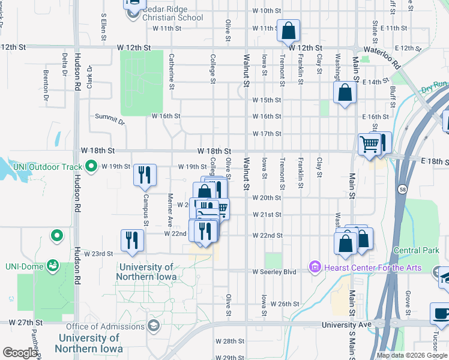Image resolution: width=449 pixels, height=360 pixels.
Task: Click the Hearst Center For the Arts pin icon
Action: tap(314, 266)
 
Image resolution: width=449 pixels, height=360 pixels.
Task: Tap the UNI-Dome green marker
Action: tap(53, 264)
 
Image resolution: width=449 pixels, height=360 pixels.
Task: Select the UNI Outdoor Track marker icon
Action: tap(91, 165)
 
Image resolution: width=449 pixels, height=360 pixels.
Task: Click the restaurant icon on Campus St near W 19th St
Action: tap(145, 175)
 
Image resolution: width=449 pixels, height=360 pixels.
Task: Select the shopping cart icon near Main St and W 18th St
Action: tap(369, 144)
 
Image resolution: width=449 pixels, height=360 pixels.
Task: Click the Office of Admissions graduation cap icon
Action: tap(153, 326)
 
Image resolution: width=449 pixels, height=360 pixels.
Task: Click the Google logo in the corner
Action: tap(20, 353)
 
